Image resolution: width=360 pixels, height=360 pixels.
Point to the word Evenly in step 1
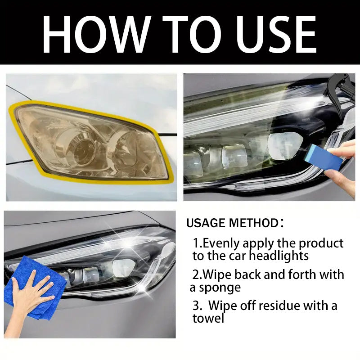(x=222, y=243)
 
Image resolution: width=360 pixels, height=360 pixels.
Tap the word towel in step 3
(x=208, y=319)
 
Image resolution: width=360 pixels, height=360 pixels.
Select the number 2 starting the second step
(x=196, y=274)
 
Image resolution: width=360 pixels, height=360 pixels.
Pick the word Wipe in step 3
(x=224, y=306)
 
